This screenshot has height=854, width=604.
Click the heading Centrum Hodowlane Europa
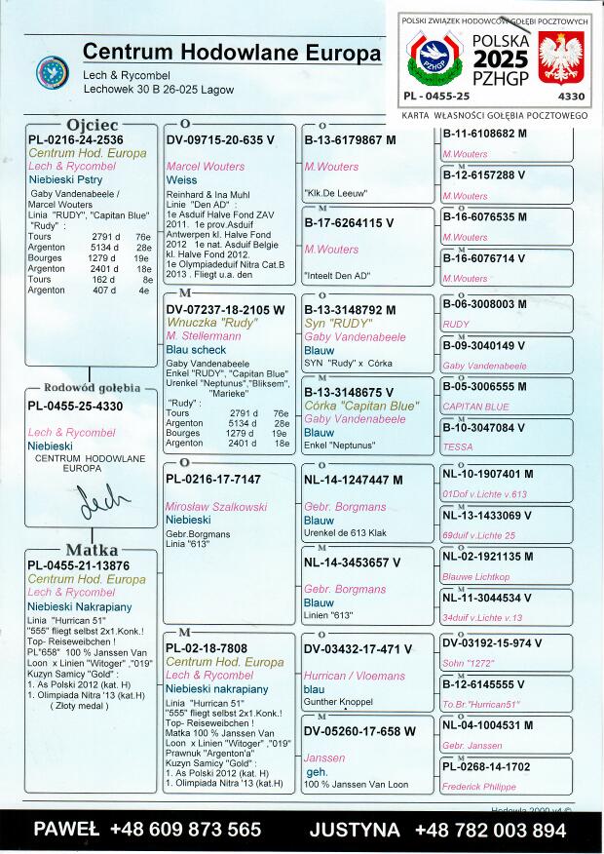click(232, 52)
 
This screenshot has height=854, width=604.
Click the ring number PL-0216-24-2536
click(74, 140)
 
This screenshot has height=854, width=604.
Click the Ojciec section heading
click(92, 126)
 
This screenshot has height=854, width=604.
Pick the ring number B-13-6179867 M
click(351, 140)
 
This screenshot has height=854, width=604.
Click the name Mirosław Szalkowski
click(215, 507)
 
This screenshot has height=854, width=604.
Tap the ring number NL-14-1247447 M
click(353, 480)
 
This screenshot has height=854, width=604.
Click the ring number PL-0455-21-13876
click(78, 564)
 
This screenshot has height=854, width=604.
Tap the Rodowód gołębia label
click(92, 387)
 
